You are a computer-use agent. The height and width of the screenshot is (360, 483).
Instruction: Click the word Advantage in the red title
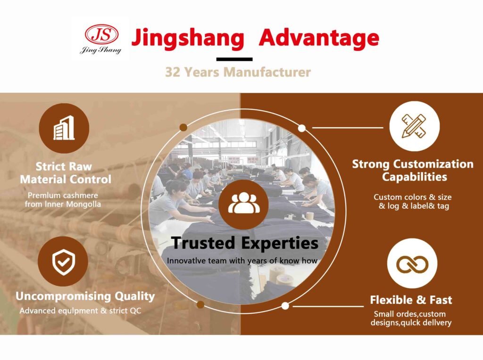click(319, 38)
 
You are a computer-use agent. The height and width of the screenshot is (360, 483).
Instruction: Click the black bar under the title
click(234, 59)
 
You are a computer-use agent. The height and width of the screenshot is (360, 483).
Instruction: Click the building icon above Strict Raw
click(64, 128)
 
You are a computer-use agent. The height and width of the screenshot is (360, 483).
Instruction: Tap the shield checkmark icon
click(63, 262)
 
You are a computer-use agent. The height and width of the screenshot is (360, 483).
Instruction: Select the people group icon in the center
click(244, 204)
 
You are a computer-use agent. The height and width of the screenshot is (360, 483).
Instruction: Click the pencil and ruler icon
click(414, 126)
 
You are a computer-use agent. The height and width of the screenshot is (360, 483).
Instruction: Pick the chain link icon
click(412, 263)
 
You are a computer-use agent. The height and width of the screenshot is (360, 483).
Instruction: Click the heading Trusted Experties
click(244, 243)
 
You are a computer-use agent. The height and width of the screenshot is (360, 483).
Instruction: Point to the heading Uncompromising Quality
click(85, 296)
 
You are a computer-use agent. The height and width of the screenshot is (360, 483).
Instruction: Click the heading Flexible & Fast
click(411, 300)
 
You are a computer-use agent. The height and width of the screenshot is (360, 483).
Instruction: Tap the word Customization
click(433, 164)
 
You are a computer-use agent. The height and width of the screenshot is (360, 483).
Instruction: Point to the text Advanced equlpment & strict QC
click(80, 311)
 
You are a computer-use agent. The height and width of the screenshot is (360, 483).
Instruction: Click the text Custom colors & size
click(412, 197)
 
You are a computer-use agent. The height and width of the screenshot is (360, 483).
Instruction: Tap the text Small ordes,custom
click(409, 314)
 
